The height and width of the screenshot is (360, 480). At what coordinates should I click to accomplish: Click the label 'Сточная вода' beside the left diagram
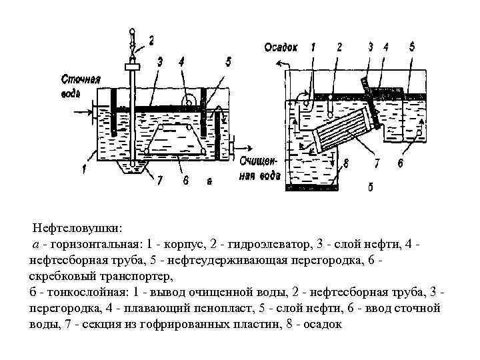click(80, 86)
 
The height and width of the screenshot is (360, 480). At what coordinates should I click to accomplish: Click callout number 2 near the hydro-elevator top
click(151, 41)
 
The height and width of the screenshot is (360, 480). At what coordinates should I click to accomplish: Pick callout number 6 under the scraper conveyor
click(186, 179)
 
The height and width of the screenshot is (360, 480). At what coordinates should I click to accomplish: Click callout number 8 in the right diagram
click(346, 162)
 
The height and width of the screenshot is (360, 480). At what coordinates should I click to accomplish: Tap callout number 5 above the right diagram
click(411, 47)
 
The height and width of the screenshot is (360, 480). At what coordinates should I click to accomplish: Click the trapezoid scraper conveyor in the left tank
click(175, 139)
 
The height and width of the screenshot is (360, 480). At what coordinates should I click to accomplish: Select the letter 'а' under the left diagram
click(209, 180)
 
